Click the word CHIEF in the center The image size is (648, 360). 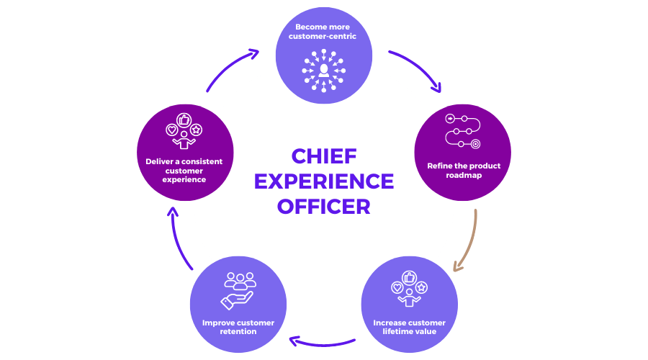coord(324,157)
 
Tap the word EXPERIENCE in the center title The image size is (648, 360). coord(324,181)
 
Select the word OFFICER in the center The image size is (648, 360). coord(324,207)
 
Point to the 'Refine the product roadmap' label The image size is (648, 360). coord(463,171)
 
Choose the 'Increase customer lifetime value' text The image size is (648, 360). coord(409,327)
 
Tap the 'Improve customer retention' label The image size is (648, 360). coord(238,327)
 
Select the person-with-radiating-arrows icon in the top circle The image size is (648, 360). coord(324,70)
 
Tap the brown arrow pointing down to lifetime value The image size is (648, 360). coord(467,241)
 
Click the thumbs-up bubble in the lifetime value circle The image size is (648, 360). coord(409,276)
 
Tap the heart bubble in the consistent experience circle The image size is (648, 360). coord(172,130)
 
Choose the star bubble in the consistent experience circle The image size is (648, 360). coord(197,130)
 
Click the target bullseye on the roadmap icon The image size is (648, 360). coord(476,144)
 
